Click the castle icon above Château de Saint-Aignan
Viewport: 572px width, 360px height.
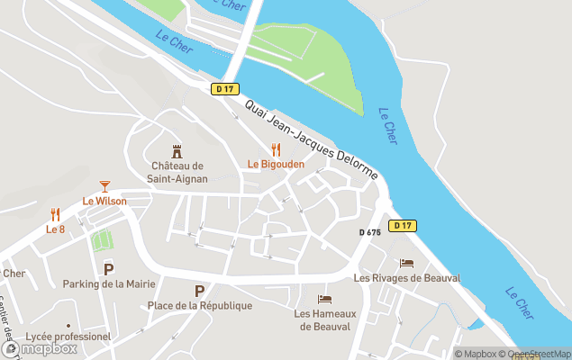point(177,151)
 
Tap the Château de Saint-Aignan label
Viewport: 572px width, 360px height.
point(178,172)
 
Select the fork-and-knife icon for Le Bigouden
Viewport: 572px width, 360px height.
point(276,150)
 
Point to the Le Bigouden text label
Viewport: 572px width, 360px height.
point(276,165)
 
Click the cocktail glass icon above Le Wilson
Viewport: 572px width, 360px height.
point(104,186)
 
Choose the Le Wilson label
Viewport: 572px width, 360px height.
point(104,201)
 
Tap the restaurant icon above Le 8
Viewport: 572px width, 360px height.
point(55,214)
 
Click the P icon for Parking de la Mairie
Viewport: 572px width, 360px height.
point(109,269)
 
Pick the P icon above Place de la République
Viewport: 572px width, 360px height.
point(199,291)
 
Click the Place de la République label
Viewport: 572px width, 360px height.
point(200,306)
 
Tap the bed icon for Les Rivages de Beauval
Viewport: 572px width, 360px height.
point(406,263)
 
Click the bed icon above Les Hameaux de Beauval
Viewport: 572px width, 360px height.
point(324,299)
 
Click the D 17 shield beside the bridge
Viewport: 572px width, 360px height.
point(224,88)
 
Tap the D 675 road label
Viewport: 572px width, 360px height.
point(370,232)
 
